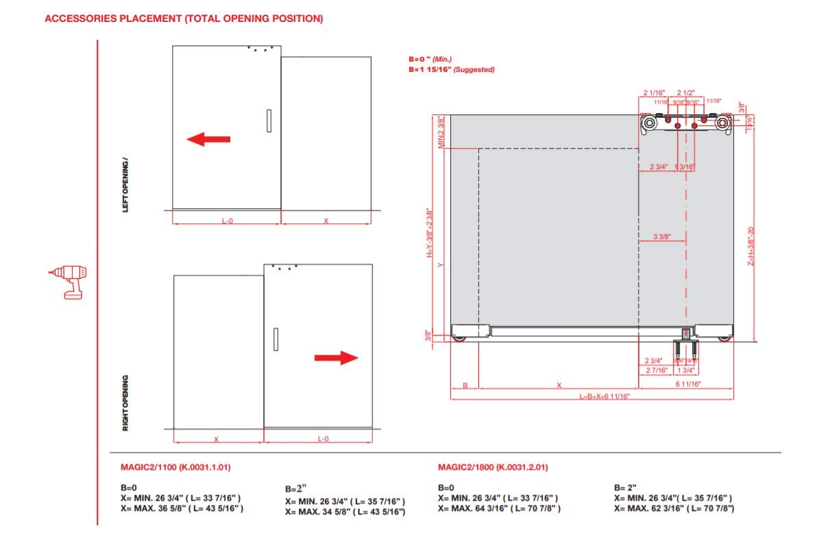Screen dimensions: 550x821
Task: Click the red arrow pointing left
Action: click(208, 140)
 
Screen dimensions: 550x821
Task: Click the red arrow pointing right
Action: click(336, 358)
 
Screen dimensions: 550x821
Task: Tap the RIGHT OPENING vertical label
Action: click(125, 402)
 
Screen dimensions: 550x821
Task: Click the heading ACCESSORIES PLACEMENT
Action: click(183, 18)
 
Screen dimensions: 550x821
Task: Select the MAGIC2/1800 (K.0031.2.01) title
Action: click(492, 468)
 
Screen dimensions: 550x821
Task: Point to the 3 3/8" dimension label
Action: click(661, 237)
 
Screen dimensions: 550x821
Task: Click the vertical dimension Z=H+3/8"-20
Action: click(751, 247)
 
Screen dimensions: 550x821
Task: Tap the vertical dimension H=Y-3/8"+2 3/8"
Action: click(430, 233)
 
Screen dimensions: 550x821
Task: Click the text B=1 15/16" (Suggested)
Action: click(451, 70)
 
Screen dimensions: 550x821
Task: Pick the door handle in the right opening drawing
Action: click(275, 339)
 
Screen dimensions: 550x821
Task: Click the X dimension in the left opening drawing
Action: click(326, 221)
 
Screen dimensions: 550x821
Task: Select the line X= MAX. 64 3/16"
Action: click(499, 508)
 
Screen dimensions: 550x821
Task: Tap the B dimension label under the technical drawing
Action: click(465, 385)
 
